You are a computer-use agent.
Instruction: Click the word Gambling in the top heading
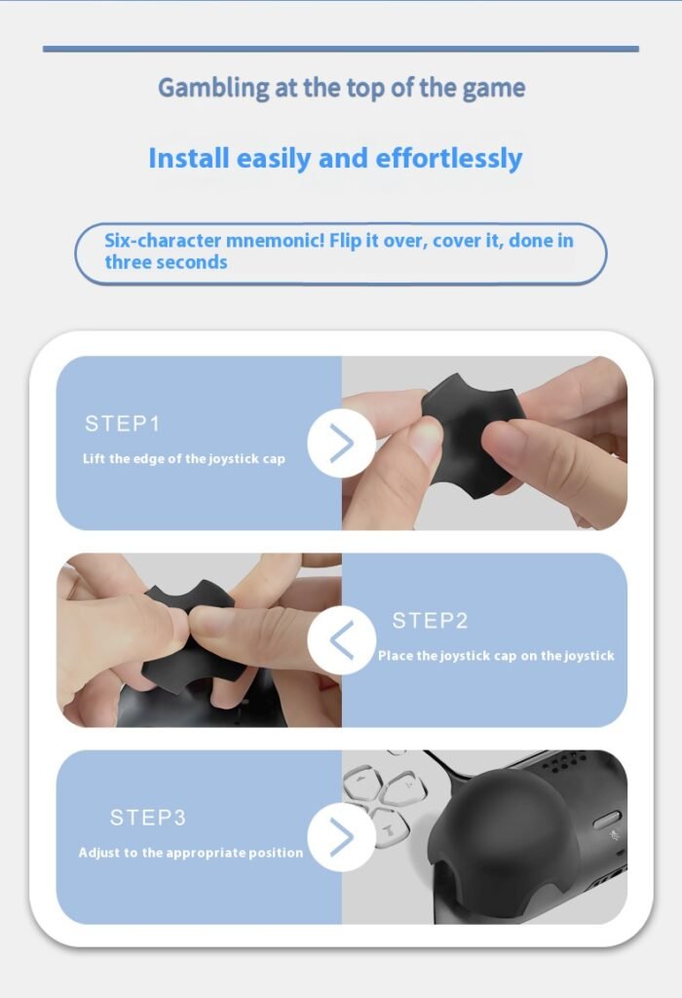pos(213,88)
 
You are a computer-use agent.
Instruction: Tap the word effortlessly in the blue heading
pos(449,159)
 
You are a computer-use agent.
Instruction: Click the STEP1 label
pos(122,423)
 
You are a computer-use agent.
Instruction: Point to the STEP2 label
pos(430,621)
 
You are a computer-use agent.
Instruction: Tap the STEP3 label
pos(147,818)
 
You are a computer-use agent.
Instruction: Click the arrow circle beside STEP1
pos(342,443)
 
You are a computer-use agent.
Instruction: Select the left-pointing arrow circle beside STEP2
pos(342,639)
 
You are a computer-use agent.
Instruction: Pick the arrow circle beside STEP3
pos(342,837)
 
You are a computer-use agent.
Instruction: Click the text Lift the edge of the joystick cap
pos(184,459)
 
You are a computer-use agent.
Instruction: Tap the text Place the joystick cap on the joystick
pos(496,656)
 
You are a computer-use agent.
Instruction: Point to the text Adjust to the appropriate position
pos(191,853)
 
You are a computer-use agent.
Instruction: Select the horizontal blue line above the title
pos(341,49)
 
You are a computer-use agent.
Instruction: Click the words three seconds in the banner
pos(166,262)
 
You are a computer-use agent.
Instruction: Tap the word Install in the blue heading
pos(188,158)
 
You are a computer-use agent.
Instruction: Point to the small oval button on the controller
pos(607,821)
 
